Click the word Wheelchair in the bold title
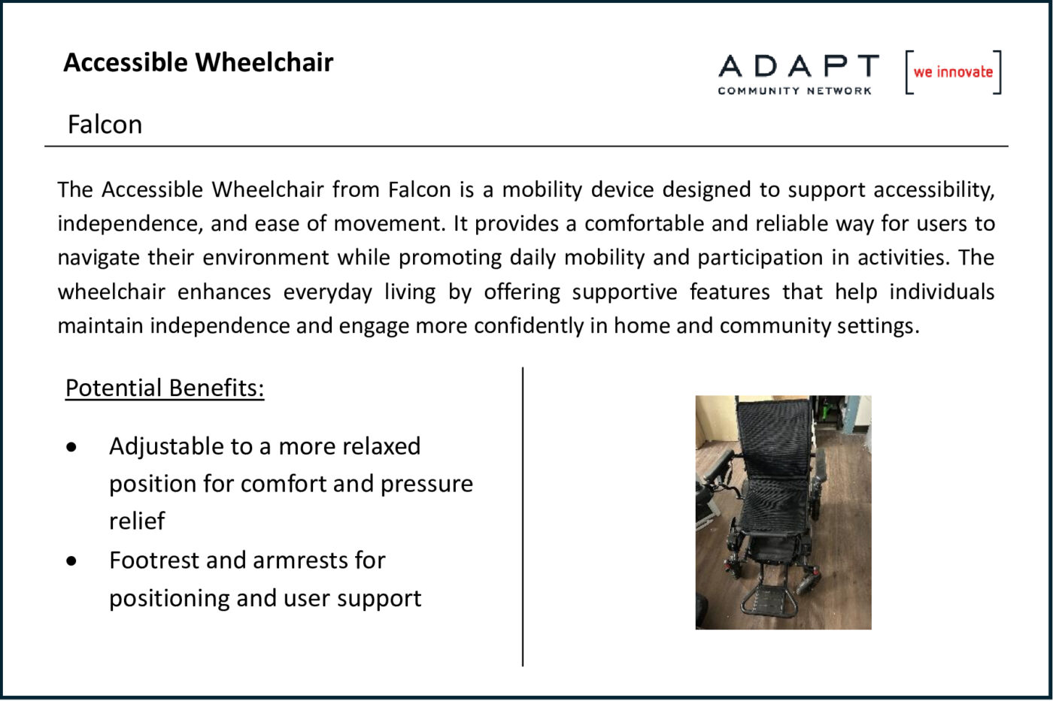pos(264,62)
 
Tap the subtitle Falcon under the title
pos(105,125)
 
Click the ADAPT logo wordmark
pos(798,65)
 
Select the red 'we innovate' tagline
pos(953,72)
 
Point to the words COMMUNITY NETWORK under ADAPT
pos(794,91)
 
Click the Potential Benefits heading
pos(165,388)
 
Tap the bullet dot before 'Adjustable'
pos(71,447)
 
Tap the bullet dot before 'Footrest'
pos(71,560)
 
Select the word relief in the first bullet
pos(137,521)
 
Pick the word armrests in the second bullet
pos(301,560)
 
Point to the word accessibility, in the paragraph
pos(934,190)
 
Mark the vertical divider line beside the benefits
pos(523,516)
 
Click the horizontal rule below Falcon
pos(526,147)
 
